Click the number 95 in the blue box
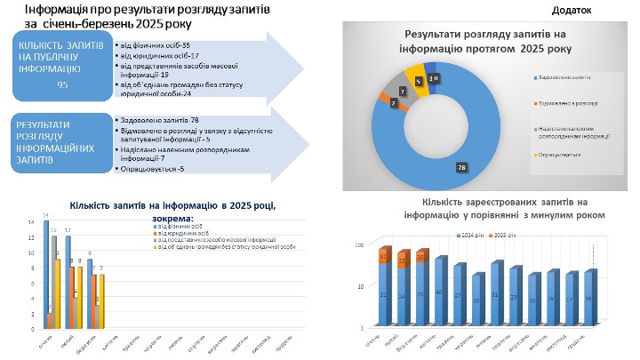[x=62, y=85]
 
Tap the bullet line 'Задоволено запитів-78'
[x=155, y=118]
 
